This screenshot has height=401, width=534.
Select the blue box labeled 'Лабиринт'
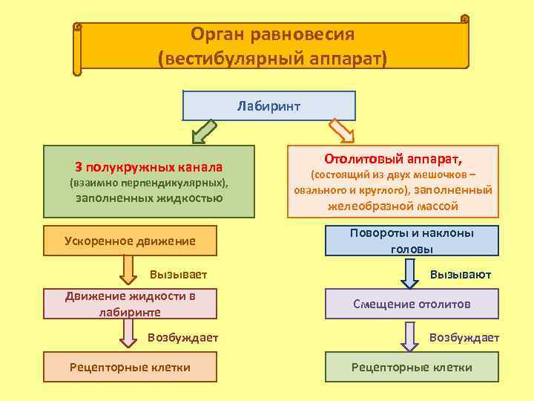268,105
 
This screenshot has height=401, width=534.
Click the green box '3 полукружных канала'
148,182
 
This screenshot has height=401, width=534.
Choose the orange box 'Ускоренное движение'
130,241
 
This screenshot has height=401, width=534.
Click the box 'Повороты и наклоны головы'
412,241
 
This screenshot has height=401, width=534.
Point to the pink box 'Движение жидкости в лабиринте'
130,304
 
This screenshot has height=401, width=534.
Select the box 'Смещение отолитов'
412,304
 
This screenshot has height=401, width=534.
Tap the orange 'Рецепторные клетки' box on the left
130,367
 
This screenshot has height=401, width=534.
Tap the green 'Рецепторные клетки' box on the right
412,367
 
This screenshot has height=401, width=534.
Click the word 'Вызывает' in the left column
178,275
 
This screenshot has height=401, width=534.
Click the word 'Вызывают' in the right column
461,275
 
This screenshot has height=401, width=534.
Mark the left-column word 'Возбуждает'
182,337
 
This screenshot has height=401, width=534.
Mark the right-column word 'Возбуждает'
464,337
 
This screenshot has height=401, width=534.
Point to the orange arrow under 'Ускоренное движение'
128,270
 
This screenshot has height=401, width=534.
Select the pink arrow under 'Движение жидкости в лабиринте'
128,334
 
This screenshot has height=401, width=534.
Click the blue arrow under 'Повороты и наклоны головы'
409,272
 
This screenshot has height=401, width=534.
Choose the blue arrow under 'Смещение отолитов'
409,336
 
